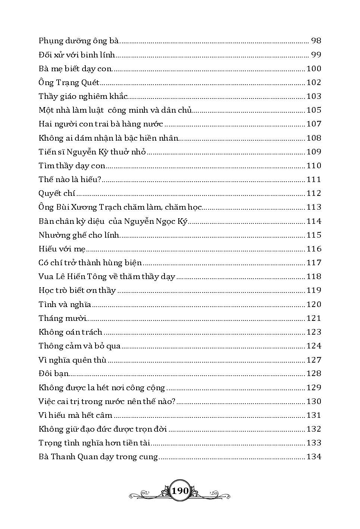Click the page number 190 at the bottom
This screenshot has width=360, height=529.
point(180,491)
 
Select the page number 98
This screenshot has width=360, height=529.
point(316,41)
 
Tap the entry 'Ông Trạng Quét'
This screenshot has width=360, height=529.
point(69,82)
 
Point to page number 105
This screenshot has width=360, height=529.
point(313,110)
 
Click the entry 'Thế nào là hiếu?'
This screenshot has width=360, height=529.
point(70,179)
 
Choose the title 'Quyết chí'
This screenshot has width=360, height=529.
point(57,193)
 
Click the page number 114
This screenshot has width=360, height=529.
point(313,221)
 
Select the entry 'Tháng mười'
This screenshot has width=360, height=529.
point(62,318)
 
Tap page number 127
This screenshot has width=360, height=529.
point(313,360)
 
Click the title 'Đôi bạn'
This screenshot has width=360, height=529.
point(54,374)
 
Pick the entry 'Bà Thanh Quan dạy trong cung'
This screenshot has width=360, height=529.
point(98,457)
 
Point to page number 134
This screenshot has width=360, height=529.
point(313,457)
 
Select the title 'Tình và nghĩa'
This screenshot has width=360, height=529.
point(65,304)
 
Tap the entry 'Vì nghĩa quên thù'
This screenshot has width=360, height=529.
point(72,360)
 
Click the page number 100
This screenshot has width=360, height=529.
point(313,69)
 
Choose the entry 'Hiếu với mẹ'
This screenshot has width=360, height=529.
point(62,249)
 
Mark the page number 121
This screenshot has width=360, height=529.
point(313,318)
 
